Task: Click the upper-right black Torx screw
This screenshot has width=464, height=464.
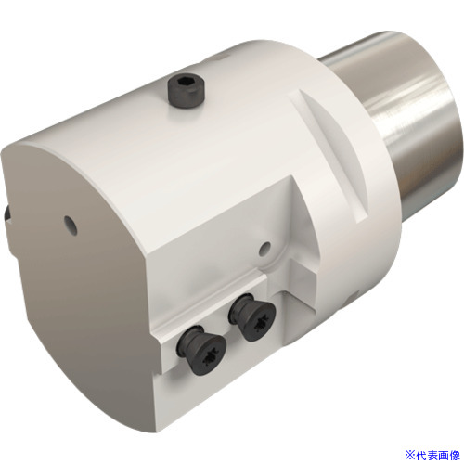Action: [x=252, y=316]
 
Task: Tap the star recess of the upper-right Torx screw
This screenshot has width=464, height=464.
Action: [x=259, y=324]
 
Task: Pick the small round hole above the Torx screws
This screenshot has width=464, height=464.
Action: [x=264, y=249]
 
